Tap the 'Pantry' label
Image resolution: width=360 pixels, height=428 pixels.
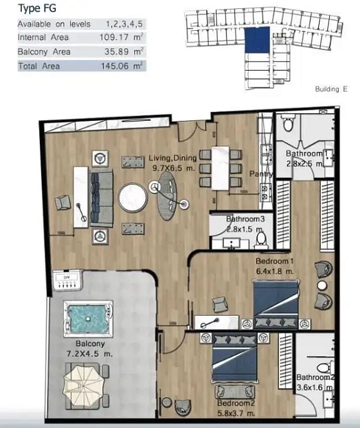click(261, 174)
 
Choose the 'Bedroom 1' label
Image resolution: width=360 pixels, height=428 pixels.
click(274, 262)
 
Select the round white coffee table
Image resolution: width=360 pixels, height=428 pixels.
click(132, 199)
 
